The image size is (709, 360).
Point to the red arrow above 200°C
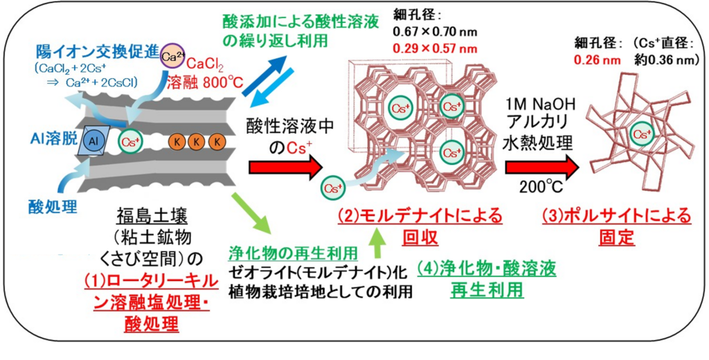click(x=541, y=166)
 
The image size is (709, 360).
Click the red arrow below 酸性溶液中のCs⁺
click(x=285, y=166)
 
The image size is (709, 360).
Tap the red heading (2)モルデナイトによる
click(x=420, y=216)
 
